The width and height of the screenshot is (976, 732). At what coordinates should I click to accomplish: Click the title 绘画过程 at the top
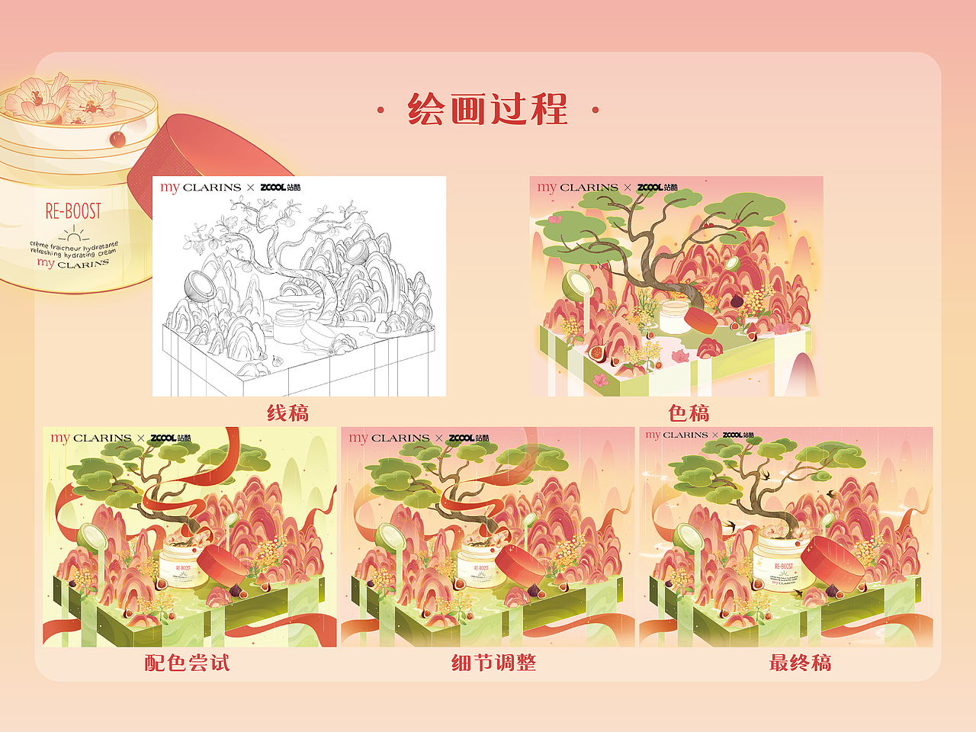point(488,109)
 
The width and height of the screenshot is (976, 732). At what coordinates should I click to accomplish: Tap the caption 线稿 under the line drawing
point(287,413)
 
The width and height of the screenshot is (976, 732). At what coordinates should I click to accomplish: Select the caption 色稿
point(689,413)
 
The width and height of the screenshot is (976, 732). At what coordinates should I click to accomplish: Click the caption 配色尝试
point(187,663)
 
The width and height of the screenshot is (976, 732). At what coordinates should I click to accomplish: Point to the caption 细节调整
point(493,663)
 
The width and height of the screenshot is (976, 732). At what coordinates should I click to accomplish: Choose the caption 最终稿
point(800,663)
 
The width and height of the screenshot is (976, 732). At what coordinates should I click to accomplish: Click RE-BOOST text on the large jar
point(73,211)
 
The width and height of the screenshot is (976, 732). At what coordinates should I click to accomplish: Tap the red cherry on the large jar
point(117,138)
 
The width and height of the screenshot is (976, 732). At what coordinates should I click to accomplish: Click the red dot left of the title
point(380,111)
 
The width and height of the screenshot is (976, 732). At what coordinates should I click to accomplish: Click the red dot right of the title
point(596,111)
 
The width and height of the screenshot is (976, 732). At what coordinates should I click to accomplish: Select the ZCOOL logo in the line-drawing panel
point(280,187)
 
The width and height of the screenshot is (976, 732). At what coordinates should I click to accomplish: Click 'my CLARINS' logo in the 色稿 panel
point(577,187)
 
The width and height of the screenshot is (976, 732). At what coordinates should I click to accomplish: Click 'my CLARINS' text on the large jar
point(73,263)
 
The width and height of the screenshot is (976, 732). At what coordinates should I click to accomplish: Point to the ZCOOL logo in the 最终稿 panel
point(737,435)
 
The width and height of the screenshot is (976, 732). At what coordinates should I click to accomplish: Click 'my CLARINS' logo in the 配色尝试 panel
point(91,438)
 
